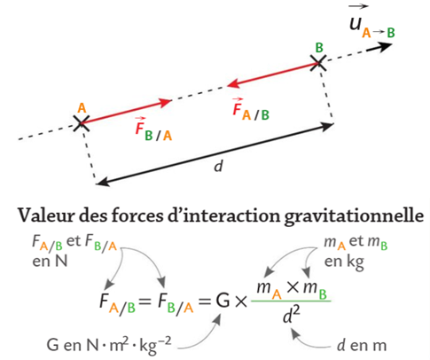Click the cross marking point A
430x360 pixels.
81,123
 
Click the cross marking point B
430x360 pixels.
318,63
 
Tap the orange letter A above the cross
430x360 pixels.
82,108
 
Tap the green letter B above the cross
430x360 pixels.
319,48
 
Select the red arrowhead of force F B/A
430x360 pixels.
165,102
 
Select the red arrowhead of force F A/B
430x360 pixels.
233,84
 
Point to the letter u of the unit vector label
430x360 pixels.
356,23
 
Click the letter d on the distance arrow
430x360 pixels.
218,166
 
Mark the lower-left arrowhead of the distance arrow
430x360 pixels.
103,183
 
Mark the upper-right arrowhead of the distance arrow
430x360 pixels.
327,126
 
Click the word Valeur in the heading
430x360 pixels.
45,215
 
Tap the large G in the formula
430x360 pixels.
223,301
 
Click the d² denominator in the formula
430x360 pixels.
291,315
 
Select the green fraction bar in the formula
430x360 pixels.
291,301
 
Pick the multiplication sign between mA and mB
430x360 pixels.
293,286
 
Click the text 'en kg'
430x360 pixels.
344,262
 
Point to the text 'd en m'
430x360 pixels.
362,345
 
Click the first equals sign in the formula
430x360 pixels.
145,301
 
